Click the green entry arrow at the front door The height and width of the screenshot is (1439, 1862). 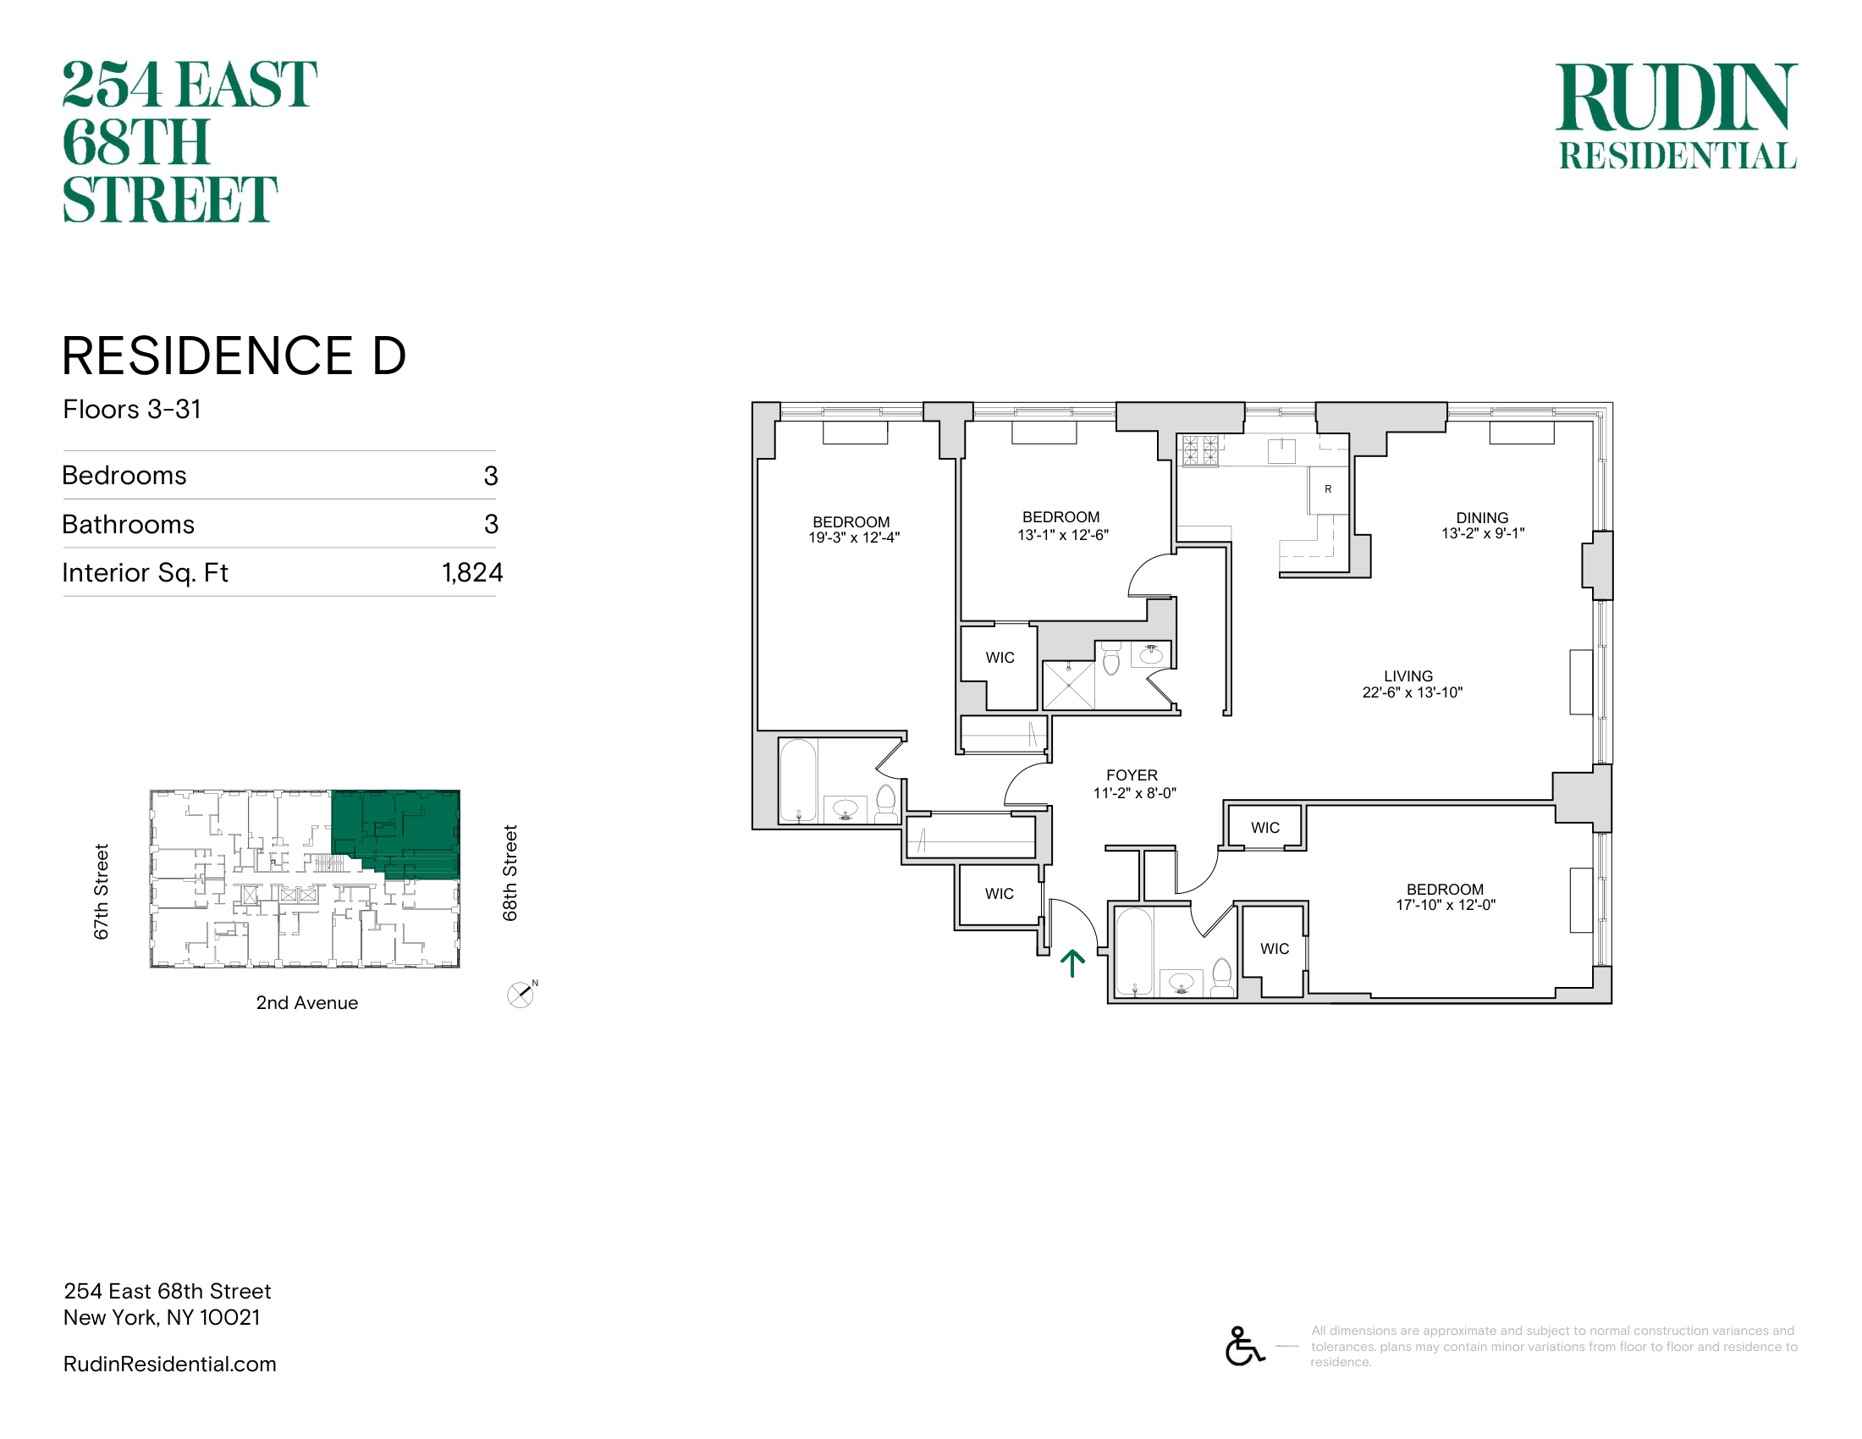tap(1071, 962)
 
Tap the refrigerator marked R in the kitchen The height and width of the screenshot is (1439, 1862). tap(1328, 489)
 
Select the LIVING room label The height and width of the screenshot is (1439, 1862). tap(1408, 676)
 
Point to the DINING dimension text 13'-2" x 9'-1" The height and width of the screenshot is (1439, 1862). tap(1483, 533)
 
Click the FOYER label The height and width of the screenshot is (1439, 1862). tap(1132, 775)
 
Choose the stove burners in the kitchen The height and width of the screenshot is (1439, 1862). tap(1200, 450)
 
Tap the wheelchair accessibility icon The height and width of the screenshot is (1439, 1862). tap(1245, 1346)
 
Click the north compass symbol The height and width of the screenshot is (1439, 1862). tap(521, 994)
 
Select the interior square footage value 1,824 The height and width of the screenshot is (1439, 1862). tap(472, 573)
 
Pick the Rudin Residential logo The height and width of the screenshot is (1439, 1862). tap(1677, 116)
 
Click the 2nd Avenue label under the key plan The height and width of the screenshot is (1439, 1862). tap(307, 1002)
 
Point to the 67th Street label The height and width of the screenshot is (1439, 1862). tap(102, 891)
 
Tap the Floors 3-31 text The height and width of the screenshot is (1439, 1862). tap(132, 409)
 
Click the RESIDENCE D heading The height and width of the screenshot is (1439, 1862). tap(234, 356)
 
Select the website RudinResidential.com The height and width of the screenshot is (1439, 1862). tap(169, 1364)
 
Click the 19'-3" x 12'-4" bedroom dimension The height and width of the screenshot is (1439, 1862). tap(854, 538)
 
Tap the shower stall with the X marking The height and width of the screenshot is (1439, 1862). tap(1068, 685)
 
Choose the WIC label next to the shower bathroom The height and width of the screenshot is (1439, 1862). tap(1000, 657)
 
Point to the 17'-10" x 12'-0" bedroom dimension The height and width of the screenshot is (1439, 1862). tap(1446, 906)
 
